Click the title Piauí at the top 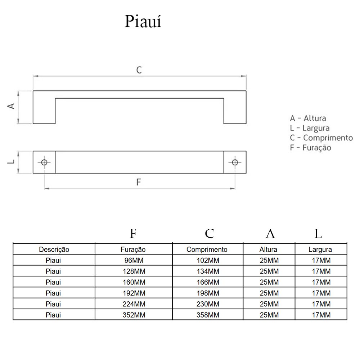143,22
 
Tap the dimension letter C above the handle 139,70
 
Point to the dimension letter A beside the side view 11,106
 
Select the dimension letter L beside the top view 12,162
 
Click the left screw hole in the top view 44,162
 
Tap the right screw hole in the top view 235,162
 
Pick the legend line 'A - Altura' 308,118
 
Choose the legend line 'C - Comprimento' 321,138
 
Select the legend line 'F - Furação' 310,147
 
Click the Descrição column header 54,249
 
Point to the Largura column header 320,249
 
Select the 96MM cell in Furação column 133,260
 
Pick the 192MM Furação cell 133,293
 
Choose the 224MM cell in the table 133,304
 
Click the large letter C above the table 209,234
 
